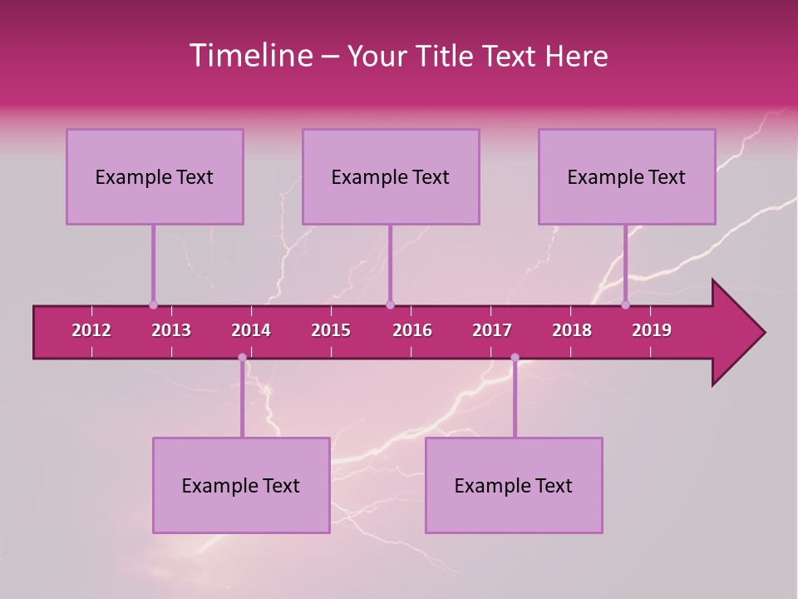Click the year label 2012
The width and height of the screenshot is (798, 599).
point(91,330)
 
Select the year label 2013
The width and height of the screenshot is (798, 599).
point(171,330)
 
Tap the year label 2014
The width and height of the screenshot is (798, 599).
point(251,330)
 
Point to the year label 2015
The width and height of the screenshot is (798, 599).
point(331,330)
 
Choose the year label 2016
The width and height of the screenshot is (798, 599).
point(412,330)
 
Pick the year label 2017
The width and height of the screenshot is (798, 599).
point(492,330)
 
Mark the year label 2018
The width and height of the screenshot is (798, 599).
point(572,330)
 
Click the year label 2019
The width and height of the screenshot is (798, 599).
point(652,330)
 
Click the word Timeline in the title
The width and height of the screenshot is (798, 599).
point(249,56)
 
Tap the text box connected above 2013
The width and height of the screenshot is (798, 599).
point(155,176)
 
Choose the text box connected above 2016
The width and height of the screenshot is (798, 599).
point(391,176)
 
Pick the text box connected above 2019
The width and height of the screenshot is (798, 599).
point(627,176)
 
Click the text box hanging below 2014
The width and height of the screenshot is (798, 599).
point(241,485)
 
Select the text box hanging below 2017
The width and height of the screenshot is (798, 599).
point(514,485)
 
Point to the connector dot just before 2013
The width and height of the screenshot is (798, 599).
point(153,305)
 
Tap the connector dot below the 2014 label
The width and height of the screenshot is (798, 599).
point(242,358)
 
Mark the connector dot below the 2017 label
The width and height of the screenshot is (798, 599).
point(515,358)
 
